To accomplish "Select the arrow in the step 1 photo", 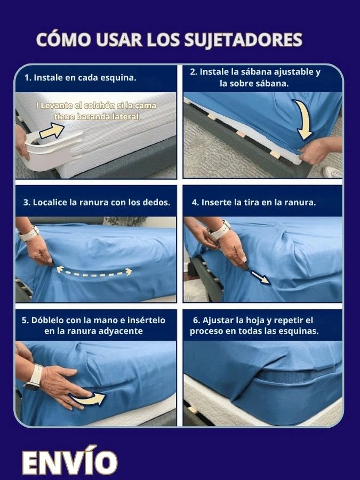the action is pyautogui.click(x=51, y=131).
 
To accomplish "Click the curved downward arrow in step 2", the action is pyautogui.click(x=303, y=119).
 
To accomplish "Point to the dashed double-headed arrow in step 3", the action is pyautogui.click(x=94, y=271).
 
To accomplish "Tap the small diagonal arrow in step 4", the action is pyautogui.click(x=260, y=276).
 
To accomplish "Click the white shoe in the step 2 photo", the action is pyautogui.click(x=332, y=172).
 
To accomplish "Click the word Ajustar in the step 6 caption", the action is pyautogui.click(x=218, y=321).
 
